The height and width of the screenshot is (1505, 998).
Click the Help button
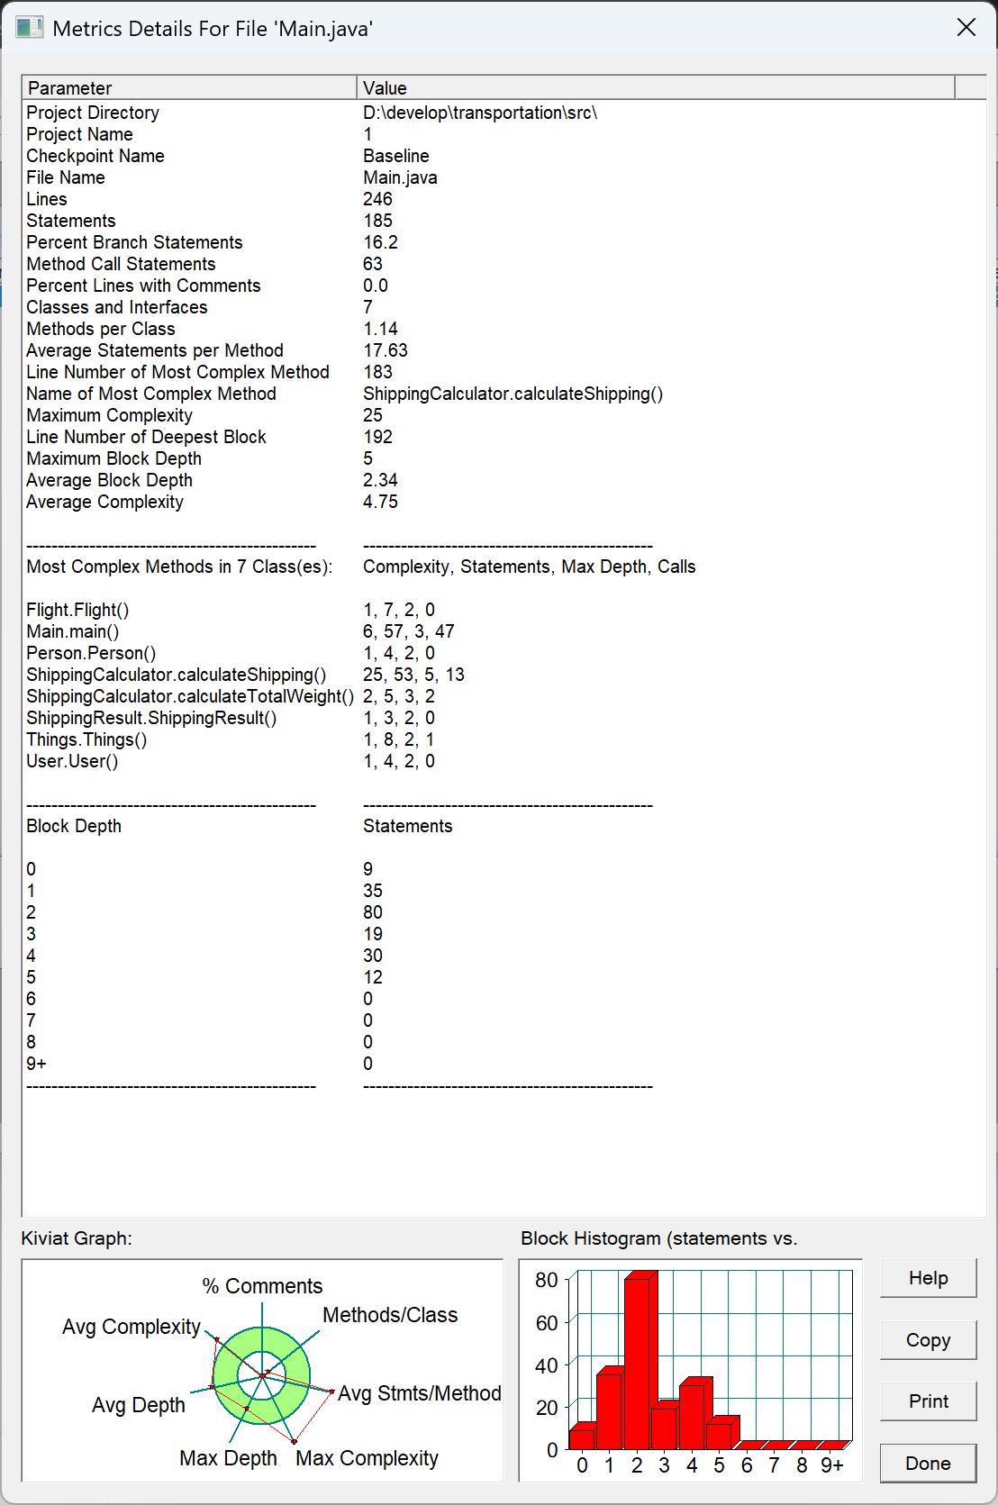928,1278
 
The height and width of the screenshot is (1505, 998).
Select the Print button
928,1401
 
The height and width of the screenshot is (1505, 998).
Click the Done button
928,1464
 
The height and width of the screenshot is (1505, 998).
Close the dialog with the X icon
966,28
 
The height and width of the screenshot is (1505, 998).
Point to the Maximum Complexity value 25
373,415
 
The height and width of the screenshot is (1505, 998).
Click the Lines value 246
377,199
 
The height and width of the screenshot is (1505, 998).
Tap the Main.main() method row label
73,631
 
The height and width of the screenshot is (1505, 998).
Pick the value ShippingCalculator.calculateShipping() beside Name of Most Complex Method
513,394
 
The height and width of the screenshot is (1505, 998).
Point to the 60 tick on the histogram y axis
546,1323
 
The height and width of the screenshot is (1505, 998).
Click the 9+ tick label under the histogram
831,1465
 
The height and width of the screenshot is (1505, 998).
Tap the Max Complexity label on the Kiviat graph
367,1458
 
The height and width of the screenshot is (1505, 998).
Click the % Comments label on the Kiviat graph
262,1286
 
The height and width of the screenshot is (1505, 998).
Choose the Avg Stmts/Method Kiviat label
419,1393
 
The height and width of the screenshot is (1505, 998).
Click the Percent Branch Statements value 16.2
380,242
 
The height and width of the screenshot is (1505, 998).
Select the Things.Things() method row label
86,739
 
